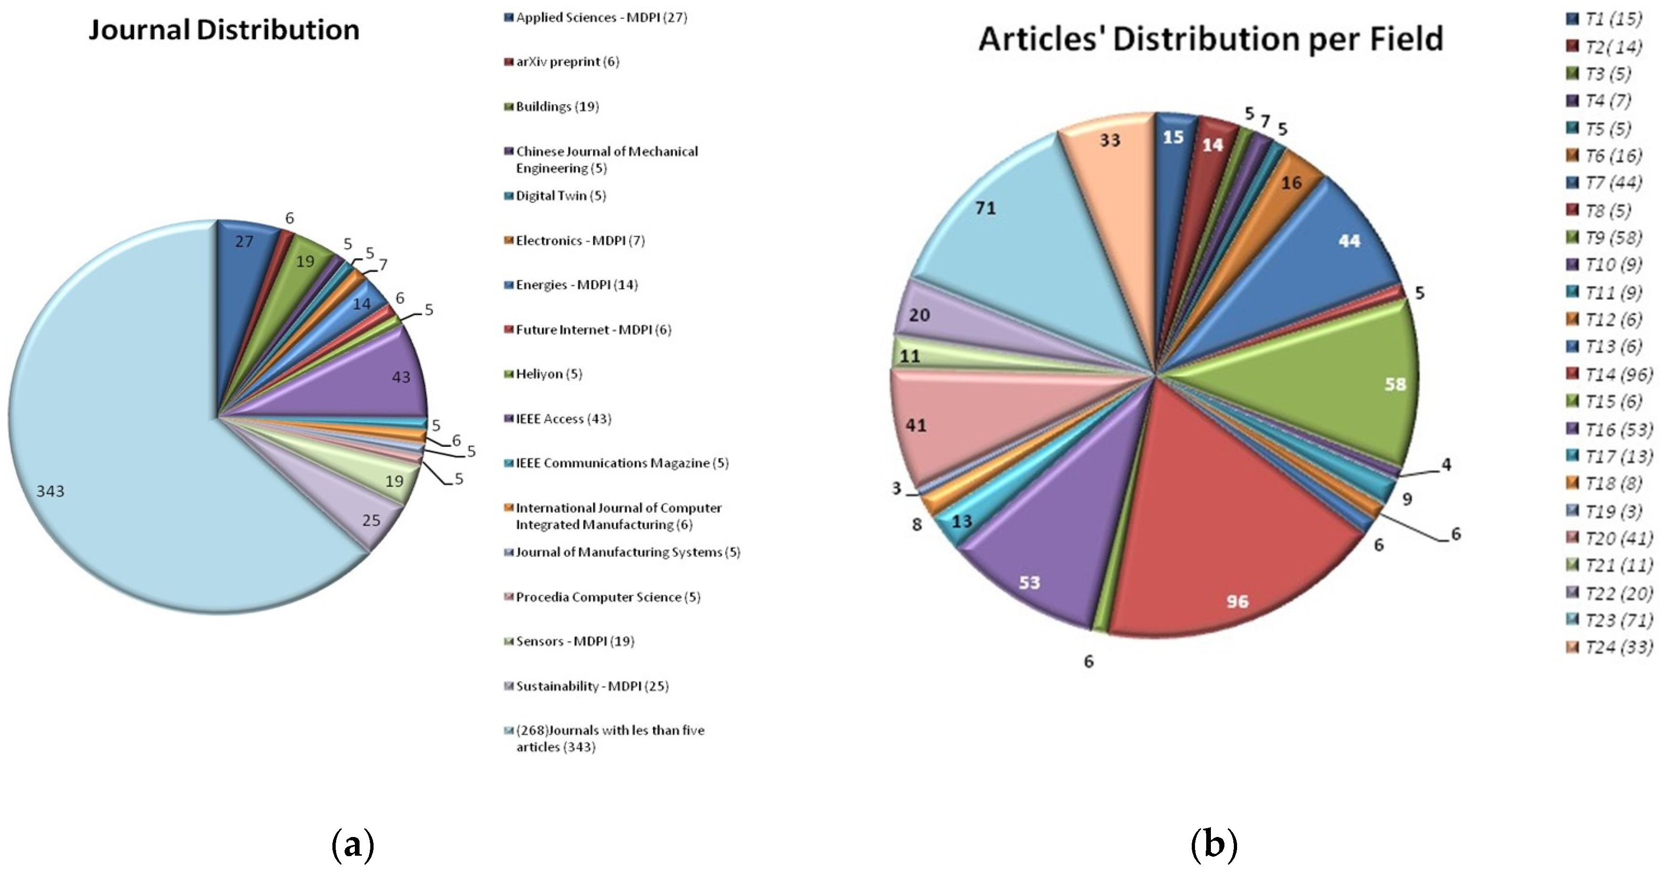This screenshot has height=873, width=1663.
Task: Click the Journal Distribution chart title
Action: (223, 30)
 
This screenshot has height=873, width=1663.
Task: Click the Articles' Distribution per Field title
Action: (1210, 39)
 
